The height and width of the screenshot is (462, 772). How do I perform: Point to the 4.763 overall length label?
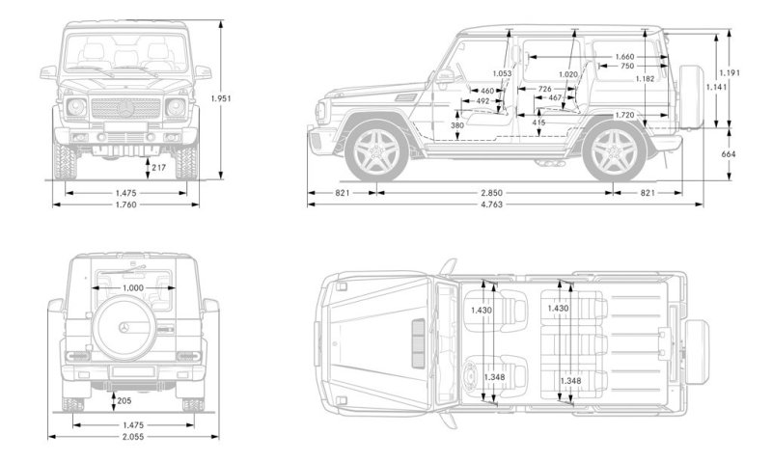coord(495,204)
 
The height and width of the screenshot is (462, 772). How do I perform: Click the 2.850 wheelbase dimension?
coord(495,192)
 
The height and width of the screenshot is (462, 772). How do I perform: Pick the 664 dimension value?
coord(729,153)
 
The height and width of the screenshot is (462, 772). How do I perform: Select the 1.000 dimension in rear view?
coord(132,287)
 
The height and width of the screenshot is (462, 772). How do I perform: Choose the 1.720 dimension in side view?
coord(624,115)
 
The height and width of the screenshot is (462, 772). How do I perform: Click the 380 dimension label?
coord(456,125)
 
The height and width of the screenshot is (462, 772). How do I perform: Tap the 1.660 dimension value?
coord(624,56)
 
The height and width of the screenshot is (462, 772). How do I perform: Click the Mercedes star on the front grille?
coord(125,108)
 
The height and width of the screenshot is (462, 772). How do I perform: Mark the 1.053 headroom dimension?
coord(501,73)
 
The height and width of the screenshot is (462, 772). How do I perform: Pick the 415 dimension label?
coord(538,122)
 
